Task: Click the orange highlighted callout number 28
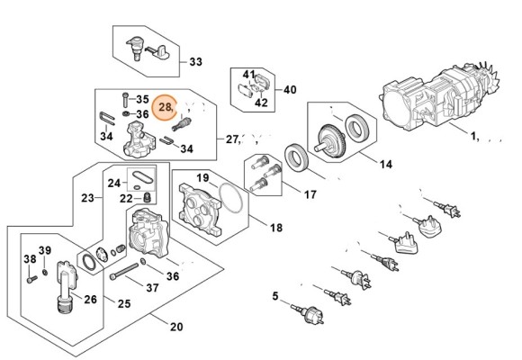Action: [166, 108]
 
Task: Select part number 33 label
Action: [195, 62]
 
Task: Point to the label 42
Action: [261, 103]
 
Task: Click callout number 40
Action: [290, 90]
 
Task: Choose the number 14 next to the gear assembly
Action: [385, 165]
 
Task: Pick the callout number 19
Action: [203, 177]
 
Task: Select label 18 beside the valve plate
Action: [275, 228]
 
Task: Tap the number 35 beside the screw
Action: [142, 99]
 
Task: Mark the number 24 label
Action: [114, 183]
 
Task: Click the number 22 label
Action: [128, 198]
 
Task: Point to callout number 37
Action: [152, 288]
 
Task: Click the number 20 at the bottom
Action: [175, 327]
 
